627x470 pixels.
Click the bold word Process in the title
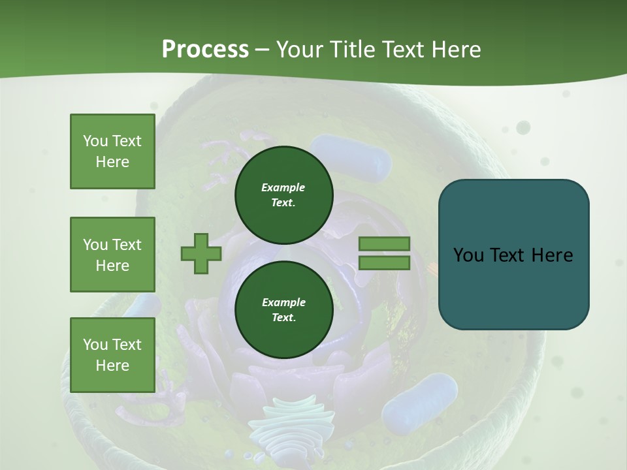click(x=205, y=49)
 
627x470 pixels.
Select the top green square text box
click(x=112, y=151)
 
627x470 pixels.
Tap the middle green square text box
click(x=112, y=255)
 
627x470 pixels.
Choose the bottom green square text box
click(x=112, y=355)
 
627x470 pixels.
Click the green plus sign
click(x=201, y=253)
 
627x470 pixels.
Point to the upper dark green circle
click(x=283, y=195)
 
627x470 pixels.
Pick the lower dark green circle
click(x=283, y=310)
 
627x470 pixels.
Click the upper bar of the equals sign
click(x=385, y=243)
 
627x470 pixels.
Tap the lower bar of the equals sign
click(x=385, y=263)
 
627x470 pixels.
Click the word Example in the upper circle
click(x=283, y=187)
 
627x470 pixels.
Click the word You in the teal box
click(x=468, y=255)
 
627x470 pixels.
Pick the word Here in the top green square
click(x=112, y=162)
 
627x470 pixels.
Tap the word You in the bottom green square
click(x=95, y=345)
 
